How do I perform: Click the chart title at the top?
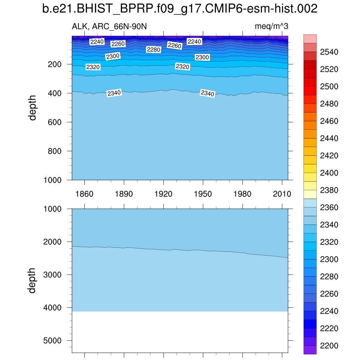tap(180, 9)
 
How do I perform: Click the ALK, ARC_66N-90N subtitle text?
tap(99, 26)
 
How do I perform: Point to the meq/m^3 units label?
tap(271, 26)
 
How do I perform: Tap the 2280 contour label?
tap(153, 50)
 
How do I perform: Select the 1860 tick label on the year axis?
tap(84, 194)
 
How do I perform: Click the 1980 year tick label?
tap(243, 194)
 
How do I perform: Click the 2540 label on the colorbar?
tap(329, 52)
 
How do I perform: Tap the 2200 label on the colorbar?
tap(329, 346)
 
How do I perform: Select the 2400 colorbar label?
tap(329, 173)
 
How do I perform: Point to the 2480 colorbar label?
tap(329, 104)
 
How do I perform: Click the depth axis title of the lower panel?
tap(33, 280)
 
